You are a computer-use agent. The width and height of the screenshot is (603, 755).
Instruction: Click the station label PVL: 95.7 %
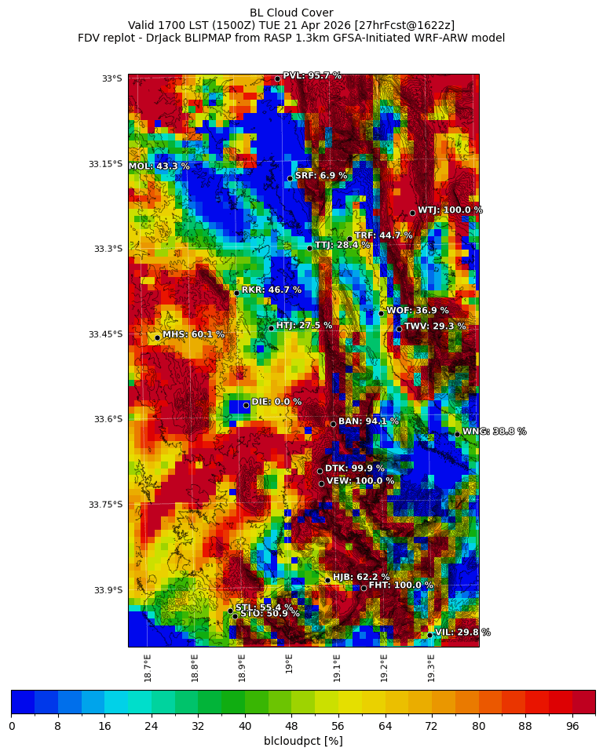coord(312,76)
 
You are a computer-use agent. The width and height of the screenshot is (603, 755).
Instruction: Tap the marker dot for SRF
coord(290,178)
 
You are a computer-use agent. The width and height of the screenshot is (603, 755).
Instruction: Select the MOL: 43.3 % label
coord(159,166)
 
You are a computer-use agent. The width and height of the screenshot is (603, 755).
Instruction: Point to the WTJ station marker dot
coord(412,213)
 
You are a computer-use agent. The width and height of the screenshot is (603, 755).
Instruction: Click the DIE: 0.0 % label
coord(276,402)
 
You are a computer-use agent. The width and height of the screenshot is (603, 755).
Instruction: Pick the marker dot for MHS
coord(157,337)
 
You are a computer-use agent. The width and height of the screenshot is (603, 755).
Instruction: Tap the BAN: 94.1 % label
coord(368,421)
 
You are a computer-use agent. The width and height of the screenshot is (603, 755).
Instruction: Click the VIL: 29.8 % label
coord(462,633)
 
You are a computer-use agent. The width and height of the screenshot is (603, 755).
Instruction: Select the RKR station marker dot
coord(236,293)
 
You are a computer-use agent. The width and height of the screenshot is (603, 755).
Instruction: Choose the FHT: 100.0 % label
coord(400,585)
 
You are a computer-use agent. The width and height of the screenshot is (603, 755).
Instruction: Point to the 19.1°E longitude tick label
coord(337,667)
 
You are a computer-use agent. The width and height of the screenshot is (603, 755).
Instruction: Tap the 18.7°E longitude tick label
coord(148,667)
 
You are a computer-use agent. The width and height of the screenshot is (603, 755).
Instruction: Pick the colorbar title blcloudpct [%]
coord(303,741)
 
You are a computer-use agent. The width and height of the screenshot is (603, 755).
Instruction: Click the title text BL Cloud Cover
coord(291,13)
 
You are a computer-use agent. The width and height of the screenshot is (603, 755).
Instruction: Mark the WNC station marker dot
coord(457,434)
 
